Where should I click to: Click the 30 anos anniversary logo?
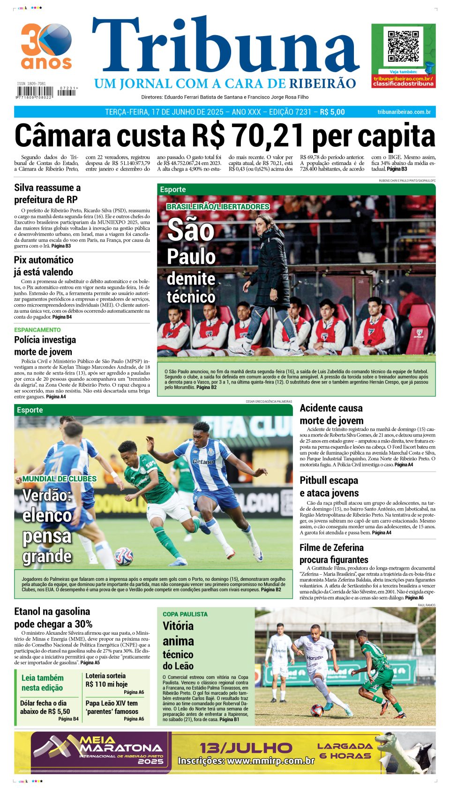(x=46, y=46)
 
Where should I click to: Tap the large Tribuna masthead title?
(x=225, y=47)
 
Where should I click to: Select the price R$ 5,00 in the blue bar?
(x=332, y=112)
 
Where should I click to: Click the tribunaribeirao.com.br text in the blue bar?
(x=404, y=112)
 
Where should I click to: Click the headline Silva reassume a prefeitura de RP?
(x=47, y=194)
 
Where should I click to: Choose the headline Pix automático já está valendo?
(x=44, y=266)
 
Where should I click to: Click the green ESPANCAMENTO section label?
(x=37, y=330)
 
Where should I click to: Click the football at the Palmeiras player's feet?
(x=124, y=556)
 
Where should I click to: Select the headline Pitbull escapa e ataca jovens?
(x=329, y=487)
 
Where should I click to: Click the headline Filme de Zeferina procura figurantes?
(x=334, y=554)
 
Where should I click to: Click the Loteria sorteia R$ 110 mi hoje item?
(x=106, y=680)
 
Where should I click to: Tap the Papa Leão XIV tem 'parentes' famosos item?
(x=112, y=707)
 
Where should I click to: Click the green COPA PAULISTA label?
(x=185, y=614)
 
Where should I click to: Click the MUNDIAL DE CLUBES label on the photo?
(x=59, y=479)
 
